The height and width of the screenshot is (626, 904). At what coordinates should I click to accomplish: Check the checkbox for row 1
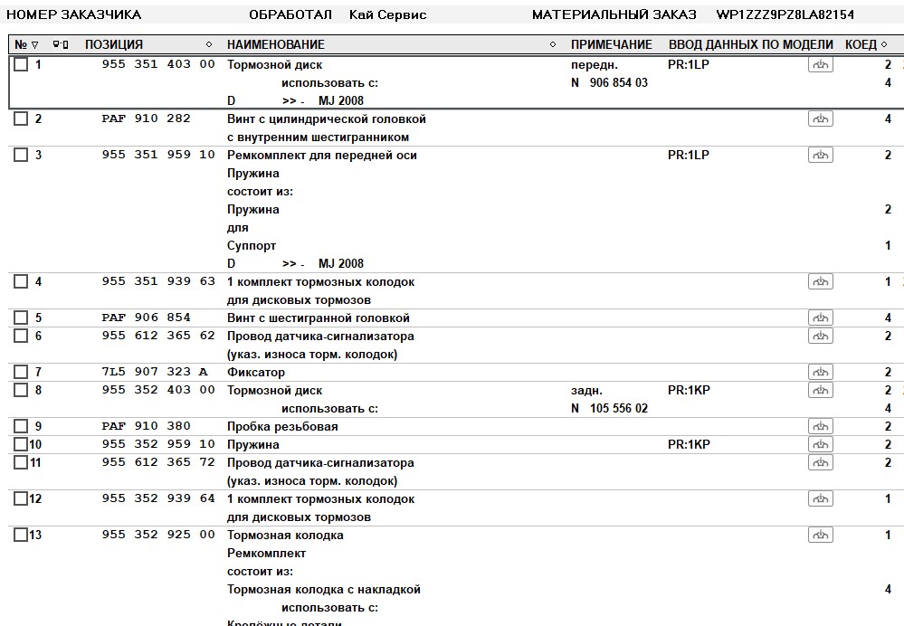point(21,64)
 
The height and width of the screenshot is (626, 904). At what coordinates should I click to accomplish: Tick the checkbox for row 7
point(21,372)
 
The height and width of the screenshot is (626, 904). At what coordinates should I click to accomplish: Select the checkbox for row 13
point(21,535)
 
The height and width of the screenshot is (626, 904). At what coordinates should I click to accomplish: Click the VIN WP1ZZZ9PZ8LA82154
point(785,14)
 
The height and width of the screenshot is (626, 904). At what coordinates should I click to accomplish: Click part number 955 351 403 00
point(158,64)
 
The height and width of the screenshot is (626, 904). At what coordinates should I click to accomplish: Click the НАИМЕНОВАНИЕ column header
point(275,44)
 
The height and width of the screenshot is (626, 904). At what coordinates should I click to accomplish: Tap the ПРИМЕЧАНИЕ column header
point(611,44)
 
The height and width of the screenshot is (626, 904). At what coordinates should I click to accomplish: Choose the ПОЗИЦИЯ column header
point(114,44)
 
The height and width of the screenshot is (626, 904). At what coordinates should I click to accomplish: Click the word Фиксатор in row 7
point(256,372)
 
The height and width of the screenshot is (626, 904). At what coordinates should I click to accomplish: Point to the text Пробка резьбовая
point(282,426)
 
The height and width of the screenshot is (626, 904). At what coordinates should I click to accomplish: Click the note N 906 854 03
point(609,82)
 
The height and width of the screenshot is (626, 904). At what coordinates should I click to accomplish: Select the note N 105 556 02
point(609,408)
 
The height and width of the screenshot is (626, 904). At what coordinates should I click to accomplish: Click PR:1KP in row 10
point(689,444)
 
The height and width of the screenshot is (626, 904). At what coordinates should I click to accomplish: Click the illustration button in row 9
point(820,426)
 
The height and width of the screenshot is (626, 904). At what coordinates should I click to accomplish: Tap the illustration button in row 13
point(820,535)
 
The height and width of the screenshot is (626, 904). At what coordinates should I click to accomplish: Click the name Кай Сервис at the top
point(387,14)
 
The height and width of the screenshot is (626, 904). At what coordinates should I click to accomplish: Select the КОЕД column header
point(861,44)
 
